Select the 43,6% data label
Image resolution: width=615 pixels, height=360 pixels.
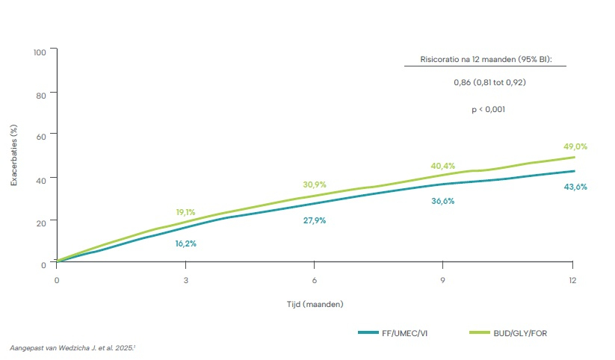tap(575, 187)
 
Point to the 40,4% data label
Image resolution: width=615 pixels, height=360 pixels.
tap(442, 166)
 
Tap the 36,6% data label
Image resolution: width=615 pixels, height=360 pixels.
tap(442, 201)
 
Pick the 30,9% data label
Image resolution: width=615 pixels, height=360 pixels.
tap(314, 184)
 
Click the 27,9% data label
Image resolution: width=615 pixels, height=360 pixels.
tap(314, 221)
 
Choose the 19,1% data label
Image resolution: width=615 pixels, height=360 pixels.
tap(185, 212)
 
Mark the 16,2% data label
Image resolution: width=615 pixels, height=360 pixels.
tap(185, 243)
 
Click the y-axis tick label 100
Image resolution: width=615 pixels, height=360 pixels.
tap(40, 52)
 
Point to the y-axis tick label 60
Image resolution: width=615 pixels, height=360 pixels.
tap(42, 135)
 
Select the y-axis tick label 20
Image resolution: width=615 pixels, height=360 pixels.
tap(42, 221)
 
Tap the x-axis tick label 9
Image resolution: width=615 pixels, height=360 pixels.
tap(443, 282)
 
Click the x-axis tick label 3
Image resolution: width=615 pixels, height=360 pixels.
tap(185, 282)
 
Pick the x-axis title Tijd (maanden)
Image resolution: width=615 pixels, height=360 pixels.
tap(314, 304)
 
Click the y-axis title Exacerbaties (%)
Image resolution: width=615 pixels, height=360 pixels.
tap(14, 157)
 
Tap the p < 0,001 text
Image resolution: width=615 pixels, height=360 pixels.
tap(489, 109)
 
